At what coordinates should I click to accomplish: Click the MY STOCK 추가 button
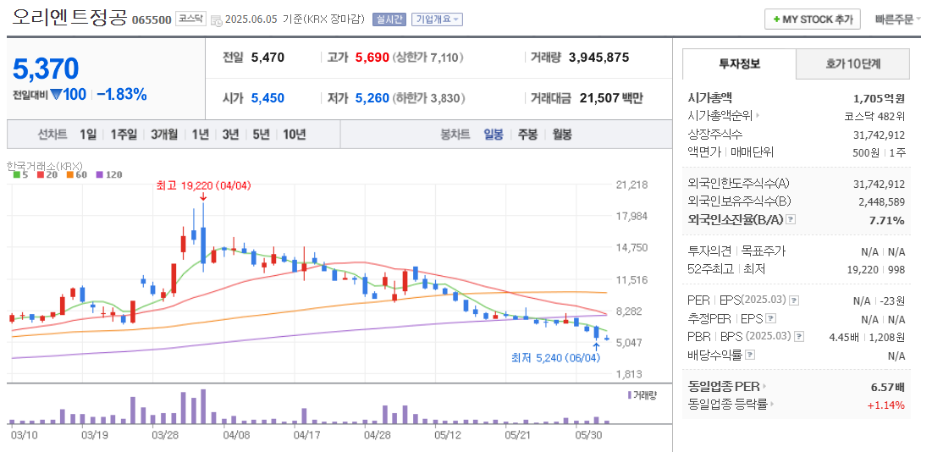coord(812,19)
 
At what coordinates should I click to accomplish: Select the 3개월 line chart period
coord(164,134)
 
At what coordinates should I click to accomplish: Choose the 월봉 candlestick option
coord(561,134)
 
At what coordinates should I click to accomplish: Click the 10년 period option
coord(295,134)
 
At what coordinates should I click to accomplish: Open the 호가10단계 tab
coord(853,63)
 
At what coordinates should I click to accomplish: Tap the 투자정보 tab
coord(739,63)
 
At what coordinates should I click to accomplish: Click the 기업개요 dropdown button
coord(437,19)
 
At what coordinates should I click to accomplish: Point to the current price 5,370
coord(46,69)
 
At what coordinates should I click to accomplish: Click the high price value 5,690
coord(372,58)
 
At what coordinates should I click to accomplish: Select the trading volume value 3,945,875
coord(598,58)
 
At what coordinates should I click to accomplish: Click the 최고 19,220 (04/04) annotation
coord(203,185)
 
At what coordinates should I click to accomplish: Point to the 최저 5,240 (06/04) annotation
coord(555,357)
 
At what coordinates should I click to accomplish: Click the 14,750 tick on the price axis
coord(631,247)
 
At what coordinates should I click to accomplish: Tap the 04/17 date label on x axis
coord(306,434)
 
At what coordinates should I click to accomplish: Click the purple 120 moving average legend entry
coord(110,174)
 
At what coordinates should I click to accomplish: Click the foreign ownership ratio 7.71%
coord(888,220)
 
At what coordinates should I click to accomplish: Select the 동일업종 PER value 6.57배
coord(887,387)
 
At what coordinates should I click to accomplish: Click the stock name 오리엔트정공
coord(69,18)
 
